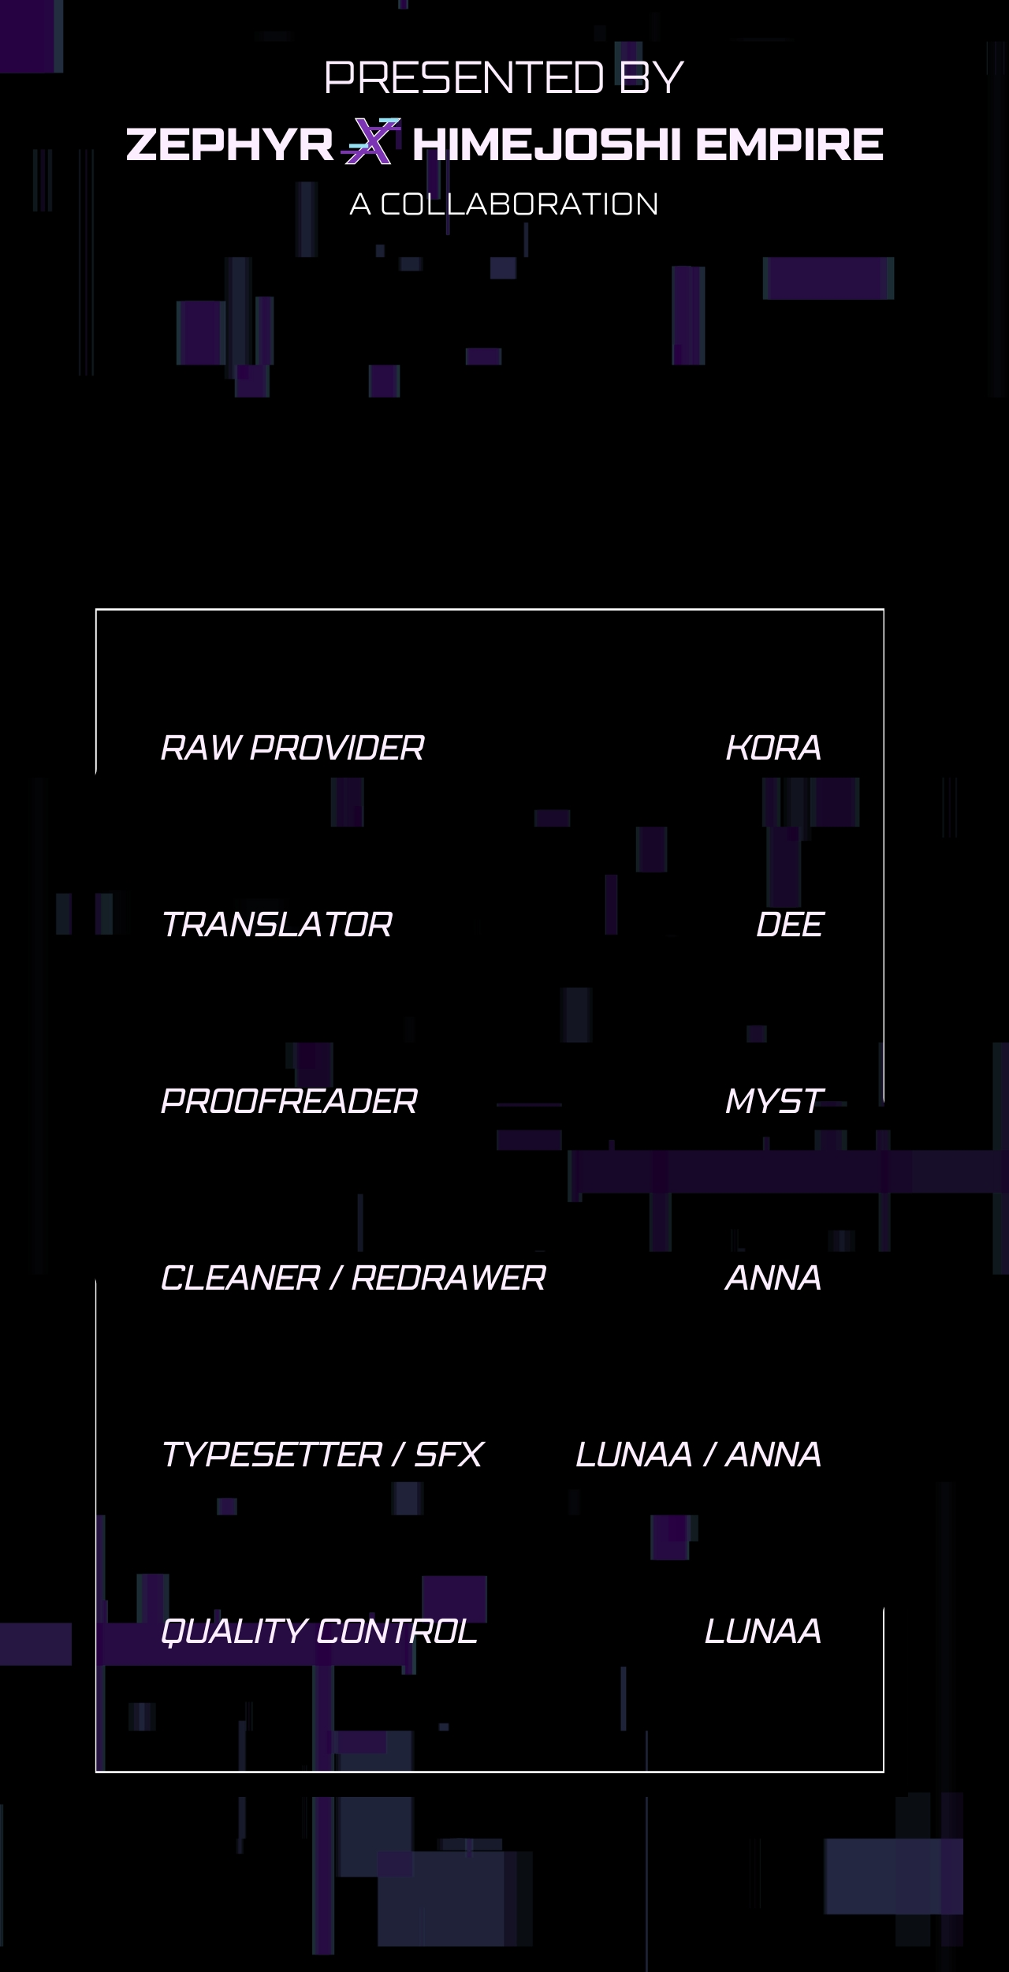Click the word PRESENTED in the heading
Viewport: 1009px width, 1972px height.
[x=464, y=77]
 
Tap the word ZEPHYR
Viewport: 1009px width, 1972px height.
[x=230, y=145]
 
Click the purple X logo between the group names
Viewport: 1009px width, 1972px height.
[x=371, y=141]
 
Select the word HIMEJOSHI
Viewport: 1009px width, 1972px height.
[x=545, y=145]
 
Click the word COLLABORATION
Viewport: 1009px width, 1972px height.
[x=519, y=204]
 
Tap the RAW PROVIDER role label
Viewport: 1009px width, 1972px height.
[x=292, y=748]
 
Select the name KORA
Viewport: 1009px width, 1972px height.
[x=773, y=748]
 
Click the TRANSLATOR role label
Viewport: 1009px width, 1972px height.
[x=276, y=924]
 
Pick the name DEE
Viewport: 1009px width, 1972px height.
[x=789, y=924]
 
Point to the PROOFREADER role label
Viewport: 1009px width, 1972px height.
[x=289, y=1101]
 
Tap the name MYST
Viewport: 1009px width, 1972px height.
[x=774, y=1101]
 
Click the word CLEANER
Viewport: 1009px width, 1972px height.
[x=240, y=1278]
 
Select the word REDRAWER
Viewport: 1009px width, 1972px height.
[x=449, y=1278]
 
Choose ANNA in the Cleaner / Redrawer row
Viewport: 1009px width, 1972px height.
[x=773, y=1278]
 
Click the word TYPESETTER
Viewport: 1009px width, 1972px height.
[x=271, y=1455]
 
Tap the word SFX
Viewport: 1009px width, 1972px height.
[x=449, y=1455]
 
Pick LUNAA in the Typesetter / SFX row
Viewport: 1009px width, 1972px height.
[x=634, y=1455]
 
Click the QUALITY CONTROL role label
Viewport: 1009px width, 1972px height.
[x=319, y=1631]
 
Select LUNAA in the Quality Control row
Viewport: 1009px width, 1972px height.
[x=763, y=1631]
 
